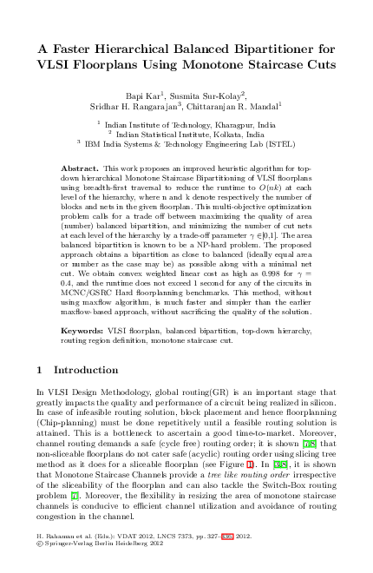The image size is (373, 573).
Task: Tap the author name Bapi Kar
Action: pos(143,93)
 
